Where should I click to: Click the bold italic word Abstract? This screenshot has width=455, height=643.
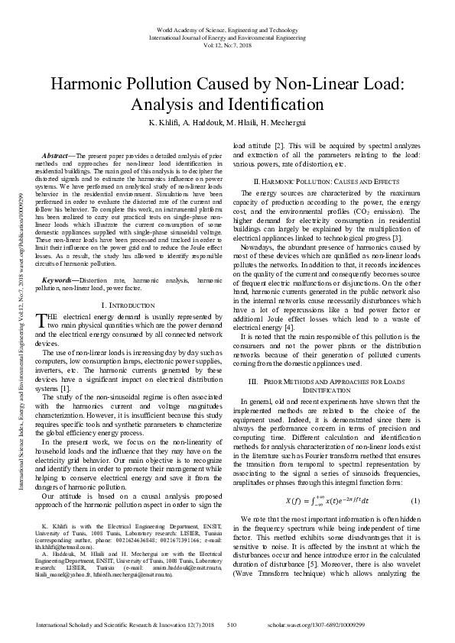[57, 156]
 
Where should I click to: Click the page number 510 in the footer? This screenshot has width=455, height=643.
[232, 625]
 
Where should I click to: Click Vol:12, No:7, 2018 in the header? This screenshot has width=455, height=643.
[227, 44]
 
